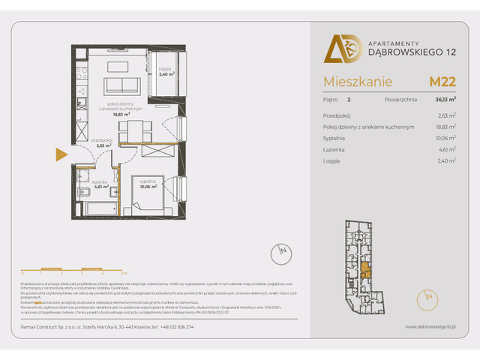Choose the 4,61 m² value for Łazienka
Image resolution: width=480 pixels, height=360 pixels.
pos(447,149)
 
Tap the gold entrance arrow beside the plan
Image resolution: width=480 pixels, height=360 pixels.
pos(61,156)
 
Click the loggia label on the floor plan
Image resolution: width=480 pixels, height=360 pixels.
pos(166,73)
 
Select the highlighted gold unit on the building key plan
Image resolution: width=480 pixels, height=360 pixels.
pos(364,270)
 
